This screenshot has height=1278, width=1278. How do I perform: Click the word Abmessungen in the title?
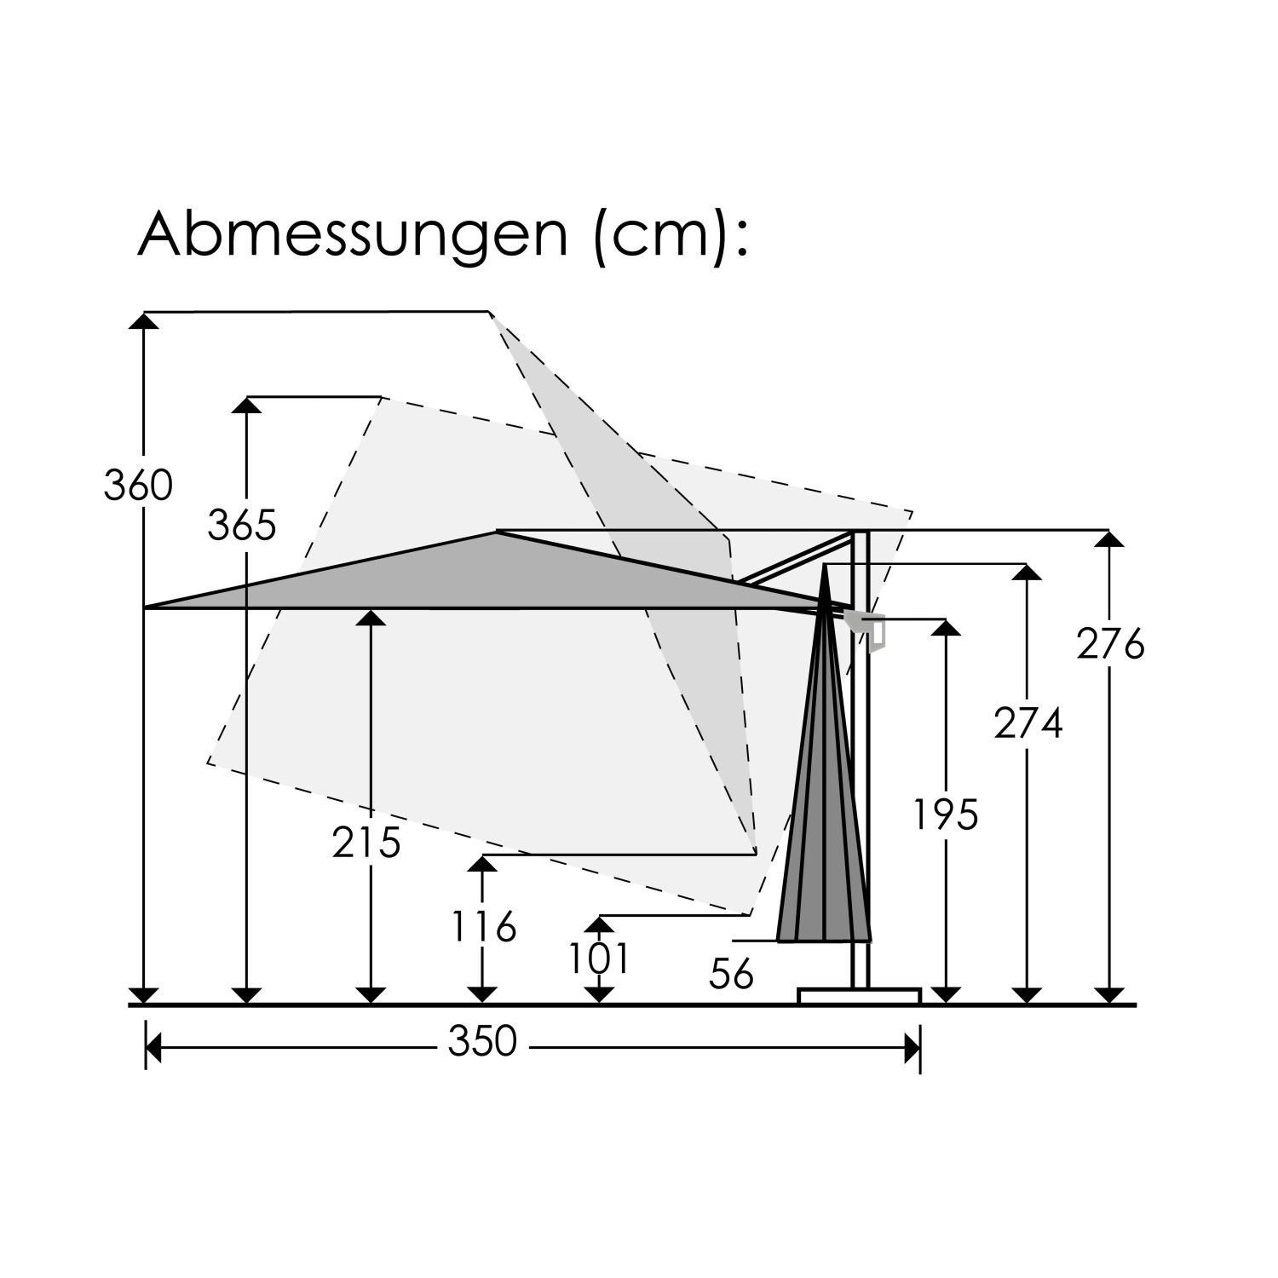coord(352,234)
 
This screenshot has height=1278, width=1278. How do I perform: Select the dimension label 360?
coord(138,486)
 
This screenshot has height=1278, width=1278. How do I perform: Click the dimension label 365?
coord(242,526)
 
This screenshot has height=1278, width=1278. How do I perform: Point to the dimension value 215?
coord(366,843)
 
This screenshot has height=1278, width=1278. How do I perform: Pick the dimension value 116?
coord(483,927)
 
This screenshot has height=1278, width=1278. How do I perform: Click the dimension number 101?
coord(600,958)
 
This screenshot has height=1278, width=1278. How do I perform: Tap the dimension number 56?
coord(731,975)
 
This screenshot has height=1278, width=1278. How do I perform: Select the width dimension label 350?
coord(482,1042)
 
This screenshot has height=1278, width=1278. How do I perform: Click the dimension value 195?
coord(946,815)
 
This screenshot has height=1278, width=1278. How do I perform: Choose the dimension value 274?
coord(1028,724)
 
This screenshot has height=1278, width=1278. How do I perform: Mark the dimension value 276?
coord(1110,645)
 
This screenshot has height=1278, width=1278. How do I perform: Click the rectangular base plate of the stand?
coord(859,996)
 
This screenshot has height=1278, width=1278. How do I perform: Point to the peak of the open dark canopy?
coord(498,533)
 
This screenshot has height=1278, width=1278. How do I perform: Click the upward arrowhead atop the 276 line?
coord(1109,539)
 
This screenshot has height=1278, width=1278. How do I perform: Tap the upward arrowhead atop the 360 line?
coord(145,320)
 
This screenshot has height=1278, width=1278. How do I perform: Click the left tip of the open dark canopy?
coord(147,607)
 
